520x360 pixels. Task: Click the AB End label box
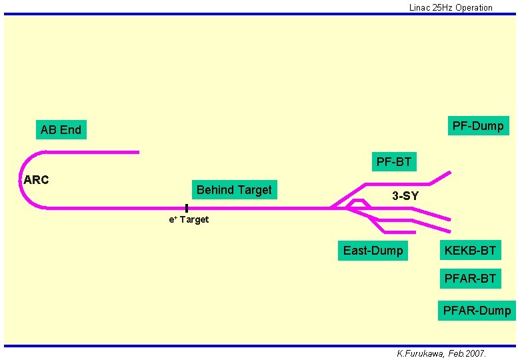pos(61,130)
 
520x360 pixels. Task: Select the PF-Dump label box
pos(477,126)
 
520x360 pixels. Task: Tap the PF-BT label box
pos(393,161)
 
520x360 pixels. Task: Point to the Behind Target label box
pos(234,190)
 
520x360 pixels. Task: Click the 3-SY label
pos(405,196)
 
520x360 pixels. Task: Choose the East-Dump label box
pos(373,251)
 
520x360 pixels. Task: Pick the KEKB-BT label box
pos(470,251)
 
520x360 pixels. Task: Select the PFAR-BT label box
pos(470,278)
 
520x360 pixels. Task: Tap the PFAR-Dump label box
pos(477,310)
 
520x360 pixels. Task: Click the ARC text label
pos(36,180)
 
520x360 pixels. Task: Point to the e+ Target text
pos(189,220)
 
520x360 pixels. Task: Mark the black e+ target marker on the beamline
pos(187,208)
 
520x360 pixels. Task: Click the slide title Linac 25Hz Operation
pos(451,8)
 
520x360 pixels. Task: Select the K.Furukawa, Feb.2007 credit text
pos(441,353)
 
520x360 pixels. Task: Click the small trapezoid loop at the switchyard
pos(358,203)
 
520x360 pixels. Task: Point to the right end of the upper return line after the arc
pos(138,152)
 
